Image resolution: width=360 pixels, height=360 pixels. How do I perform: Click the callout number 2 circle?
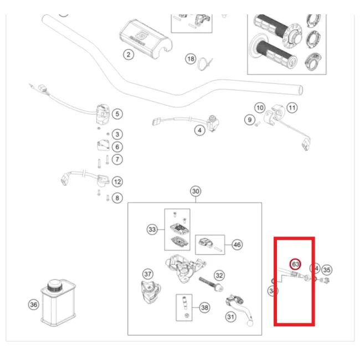click(x=128, y=54)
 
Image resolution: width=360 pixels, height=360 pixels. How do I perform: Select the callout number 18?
click(x=191, y=59)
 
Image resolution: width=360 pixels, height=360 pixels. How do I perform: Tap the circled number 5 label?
click(x=117, y=114)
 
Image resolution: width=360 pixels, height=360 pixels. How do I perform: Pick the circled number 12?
click(x=117, y=181)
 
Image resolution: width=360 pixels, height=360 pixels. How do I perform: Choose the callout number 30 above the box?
click(x=195, y=192)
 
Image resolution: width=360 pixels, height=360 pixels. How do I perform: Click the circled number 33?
click(x=152, y=229)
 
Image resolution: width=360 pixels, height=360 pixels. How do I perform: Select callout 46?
click(x=236, y=244)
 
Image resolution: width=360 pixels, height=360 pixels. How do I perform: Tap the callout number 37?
click(x=147, y=274)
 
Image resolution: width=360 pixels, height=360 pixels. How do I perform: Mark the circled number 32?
click(x=219, y=275)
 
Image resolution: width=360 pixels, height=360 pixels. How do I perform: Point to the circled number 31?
click(x=230, y=316)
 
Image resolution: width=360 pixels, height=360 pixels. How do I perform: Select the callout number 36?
click(x=33, y=304)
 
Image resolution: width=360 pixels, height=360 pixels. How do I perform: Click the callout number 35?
click(x=327, y=270)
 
